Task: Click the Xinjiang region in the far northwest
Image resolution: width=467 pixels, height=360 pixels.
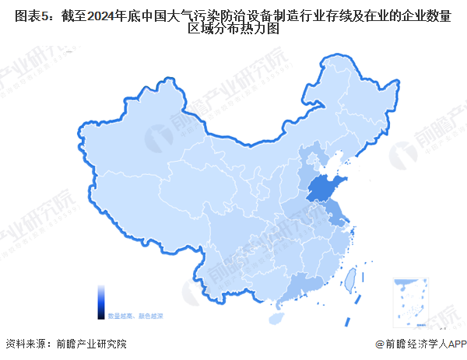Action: click(132, 156)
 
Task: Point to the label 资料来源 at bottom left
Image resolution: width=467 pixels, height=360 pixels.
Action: click(24, 343)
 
